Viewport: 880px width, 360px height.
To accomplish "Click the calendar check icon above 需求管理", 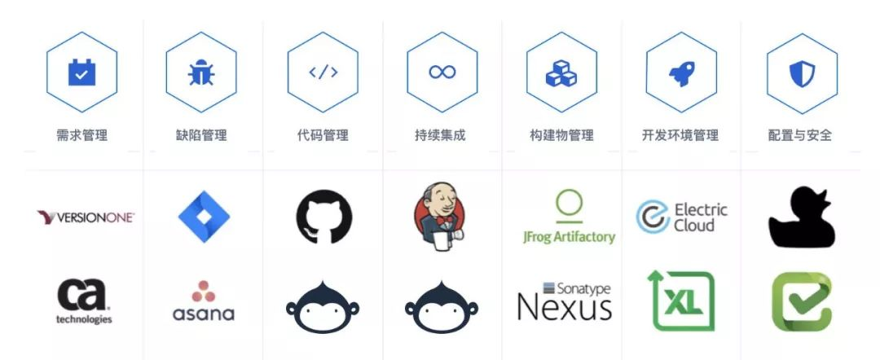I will pos(81,72).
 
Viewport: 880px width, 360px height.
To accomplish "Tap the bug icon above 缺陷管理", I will pos(201,72).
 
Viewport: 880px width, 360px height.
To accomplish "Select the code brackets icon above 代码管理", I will pos(323,72).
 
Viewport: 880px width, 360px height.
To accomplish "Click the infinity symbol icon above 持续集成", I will pos(442,72).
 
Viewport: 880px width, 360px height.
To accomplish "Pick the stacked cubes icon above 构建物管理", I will pos(561,72).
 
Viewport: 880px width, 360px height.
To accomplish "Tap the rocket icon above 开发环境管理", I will pos(681,72).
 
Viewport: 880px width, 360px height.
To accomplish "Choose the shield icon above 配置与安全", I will pos(802,72).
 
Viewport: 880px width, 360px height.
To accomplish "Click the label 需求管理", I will pos(81,135).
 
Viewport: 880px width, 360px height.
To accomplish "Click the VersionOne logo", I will pos(86,217).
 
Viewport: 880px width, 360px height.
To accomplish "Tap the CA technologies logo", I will pos(84,301).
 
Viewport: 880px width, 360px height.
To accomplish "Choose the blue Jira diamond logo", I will pos(204,217).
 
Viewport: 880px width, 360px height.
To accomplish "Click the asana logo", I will pos(203,301).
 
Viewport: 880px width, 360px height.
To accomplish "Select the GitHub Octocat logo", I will pos(323,217).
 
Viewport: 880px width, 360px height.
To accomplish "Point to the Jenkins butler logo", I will pos(441,215).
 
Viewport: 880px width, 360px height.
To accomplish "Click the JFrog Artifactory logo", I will pos(569,217).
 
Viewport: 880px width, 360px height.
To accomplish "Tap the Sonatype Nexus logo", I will pos(564,302).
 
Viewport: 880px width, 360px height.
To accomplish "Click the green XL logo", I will pos(681,301).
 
